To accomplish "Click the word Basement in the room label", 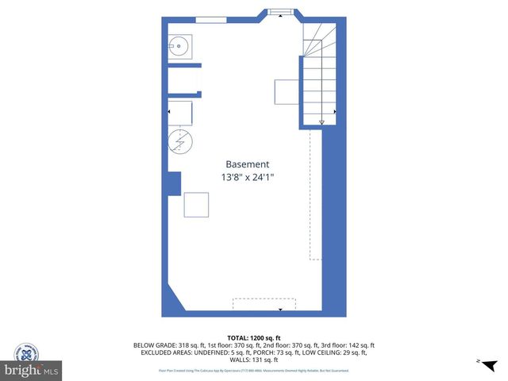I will (248, 164).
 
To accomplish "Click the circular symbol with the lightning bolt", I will (180, 142).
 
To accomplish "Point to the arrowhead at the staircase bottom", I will (321, 122).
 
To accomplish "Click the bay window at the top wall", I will (279, 12).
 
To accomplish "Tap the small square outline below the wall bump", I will (196, 205).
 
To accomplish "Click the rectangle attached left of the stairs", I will (287, 92).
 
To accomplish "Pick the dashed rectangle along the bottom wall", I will (264, 303).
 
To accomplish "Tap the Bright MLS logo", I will (32, 370).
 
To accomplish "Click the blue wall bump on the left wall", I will (174, 183).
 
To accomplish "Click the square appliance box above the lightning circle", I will (181, 113).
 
